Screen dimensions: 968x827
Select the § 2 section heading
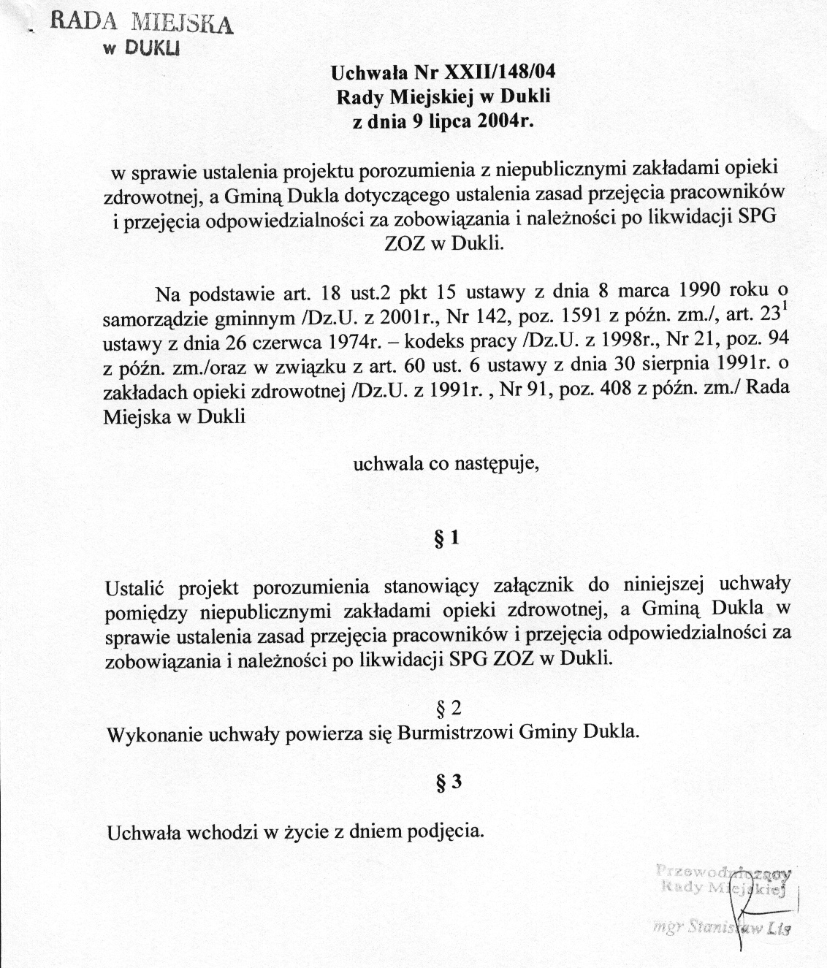(x=448, y=709)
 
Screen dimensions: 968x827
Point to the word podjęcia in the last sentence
(x=453, y=831)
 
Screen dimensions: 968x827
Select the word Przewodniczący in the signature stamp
(x=723, y=871)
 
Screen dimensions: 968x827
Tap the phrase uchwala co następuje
(x=446, y=462)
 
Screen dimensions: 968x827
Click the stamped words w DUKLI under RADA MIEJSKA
(x=143, y=49)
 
